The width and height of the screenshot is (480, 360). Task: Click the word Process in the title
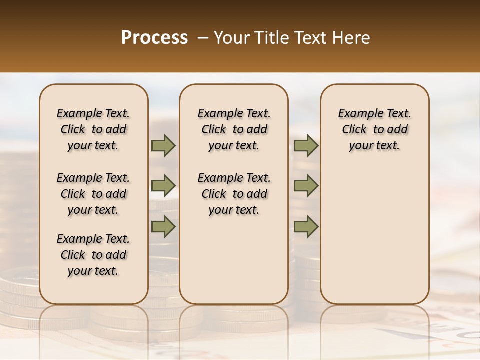pyautogui.click(x=154, y=38)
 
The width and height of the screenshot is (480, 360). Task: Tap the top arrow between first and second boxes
pyautogui.click(x=163, y=146)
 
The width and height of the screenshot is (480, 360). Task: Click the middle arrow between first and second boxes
pyautogui.click(x=163, y=186)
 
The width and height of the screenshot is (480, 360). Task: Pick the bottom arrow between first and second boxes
pyautogui.click(x=163, y=226)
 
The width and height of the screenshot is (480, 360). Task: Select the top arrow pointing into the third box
pyautogui.click(x=306, y=146)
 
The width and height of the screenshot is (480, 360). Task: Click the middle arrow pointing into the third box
pyautogui.click(x=306, y=186)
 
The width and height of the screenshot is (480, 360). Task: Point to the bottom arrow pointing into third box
pyautogui.click(x=306, y=226)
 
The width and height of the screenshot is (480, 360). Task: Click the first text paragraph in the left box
pyautogui.click(x=93, y=129)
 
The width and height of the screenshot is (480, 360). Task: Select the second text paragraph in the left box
pyautogui.click(x=93, y=194)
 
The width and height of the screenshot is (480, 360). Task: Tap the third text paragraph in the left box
pyautogui.click(x=93, y=255)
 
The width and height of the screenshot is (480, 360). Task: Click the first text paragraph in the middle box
pyautogui.click(x=234, y=129)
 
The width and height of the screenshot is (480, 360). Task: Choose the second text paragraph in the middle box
pyautogui.click(x=234, y=194)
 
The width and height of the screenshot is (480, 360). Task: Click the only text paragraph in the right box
pyautogui.click(x=374, y=129)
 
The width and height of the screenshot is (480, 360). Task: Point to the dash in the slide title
pyautogui.click(x=203, y=38)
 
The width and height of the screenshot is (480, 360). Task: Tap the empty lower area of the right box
pyautogui.click(x=374, y=235)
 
